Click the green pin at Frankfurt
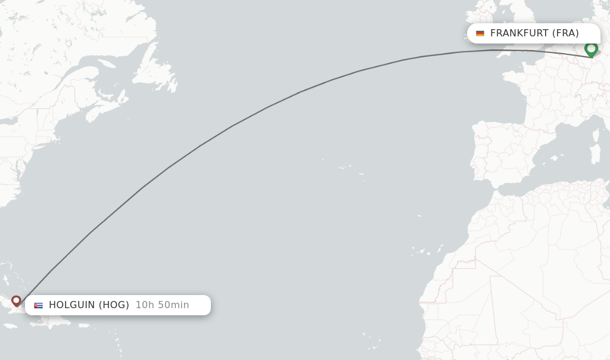[591, 49]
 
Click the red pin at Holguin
[16, 300]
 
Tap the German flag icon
[480, 33]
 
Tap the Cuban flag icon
[38, 305]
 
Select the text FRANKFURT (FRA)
[534, 33]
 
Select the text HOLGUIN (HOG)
[89, 305]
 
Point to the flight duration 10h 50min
[162, 305]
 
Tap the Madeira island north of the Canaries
[419, 216]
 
